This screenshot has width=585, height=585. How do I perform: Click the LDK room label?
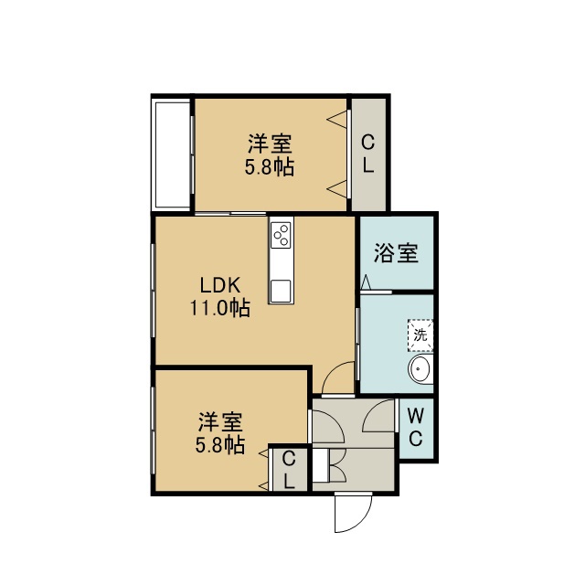pos(220,286)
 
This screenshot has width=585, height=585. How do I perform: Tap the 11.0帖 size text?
pos(220,308)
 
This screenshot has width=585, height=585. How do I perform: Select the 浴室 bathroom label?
pos(396,253)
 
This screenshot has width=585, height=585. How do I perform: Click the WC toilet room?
pos(416,428)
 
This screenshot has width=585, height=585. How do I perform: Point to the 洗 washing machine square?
pos(420,335)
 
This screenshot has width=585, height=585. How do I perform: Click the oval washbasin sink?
pos(420,369)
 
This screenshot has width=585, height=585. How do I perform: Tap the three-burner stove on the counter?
pos(281,235)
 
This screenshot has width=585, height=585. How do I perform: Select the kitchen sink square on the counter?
pos(281,291)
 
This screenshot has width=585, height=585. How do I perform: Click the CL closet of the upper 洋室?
pos(368,154)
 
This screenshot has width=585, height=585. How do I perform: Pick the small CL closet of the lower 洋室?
pos(290,469)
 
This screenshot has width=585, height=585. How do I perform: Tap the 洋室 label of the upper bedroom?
pos(270,144)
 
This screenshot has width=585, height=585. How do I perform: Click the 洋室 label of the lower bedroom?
pos(220,421)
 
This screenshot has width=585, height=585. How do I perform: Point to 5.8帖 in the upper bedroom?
pos(270,166)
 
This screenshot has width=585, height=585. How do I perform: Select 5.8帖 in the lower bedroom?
pos(220,445)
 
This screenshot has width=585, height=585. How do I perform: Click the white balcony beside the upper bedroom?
pos(173,154)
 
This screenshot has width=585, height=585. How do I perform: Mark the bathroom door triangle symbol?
pos(366,282)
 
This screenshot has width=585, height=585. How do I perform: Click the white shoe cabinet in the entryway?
pos(321,465)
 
